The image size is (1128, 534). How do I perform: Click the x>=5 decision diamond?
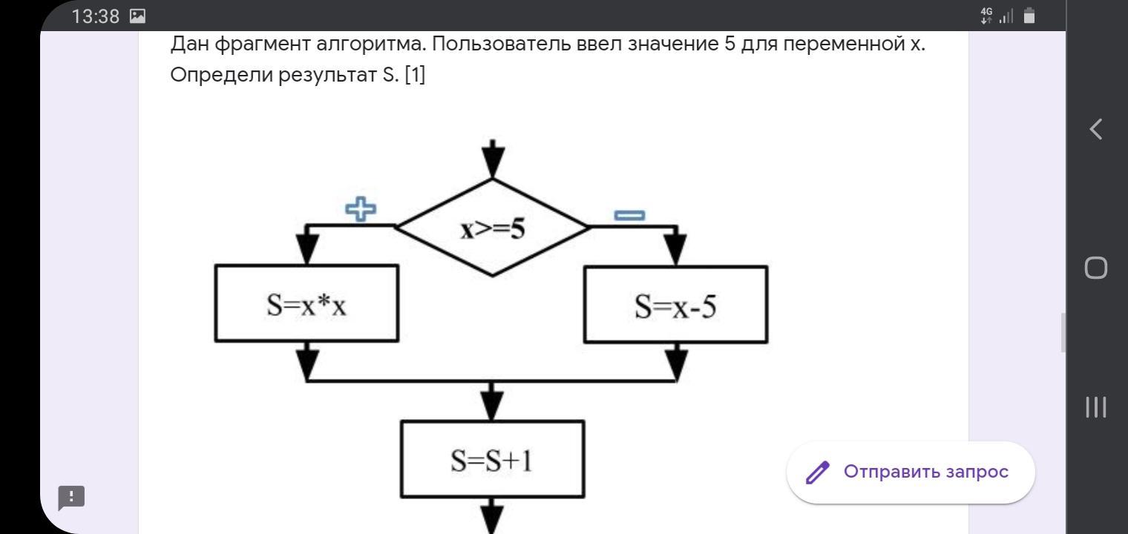[493, 228]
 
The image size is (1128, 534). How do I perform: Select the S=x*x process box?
[306, 304]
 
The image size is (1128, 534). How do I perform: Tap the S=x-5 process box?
[675, 305]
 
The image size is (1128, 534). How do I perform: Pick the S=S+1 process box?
[492, 460]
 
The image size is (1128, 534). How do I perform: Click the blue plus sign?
[361, 209]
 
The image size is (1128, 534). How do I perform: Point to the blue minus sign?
[629, 215]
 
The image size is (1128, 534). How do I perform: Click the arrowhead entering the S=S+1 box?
[492, 405]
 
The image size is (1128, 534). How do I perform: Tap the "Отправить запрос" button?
[911, 472]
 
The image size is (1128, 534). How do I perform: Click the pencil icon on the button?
[818, 472]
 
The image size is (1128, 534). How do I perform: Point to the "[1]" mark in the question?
[415, 76]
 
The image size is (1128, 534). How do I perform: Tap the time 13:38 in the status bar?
[95, 16]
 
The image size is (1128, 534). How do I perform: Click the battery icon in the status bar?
[1029, 16]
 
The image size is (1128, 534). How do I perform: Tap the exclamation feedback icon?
[72, 498]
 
